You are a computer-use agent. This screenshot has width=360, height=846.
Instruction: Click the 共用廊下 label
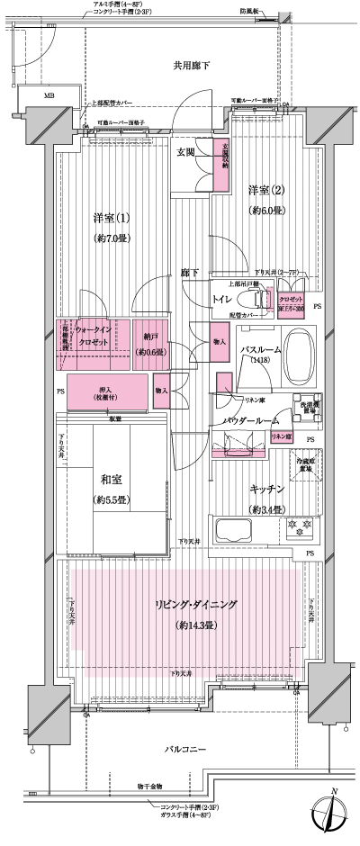191,66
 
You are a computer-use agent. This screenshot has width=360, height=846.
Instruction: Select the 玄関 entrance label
187,154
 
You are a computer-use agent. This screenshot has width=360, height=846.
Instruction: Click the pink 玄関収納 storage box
220,164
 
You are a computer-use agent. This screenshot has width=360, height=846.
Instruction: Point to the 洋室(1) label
112,219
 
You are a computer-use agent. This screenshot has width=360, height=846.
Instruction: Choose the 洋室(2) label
266,190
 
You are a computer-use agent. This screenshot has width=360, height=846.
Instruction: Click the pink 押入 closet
107,391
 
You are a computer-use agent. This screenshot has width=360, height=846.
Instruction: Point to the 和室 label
112,477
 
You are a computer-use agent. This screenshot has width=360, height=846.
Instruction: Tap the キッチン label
267,490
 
